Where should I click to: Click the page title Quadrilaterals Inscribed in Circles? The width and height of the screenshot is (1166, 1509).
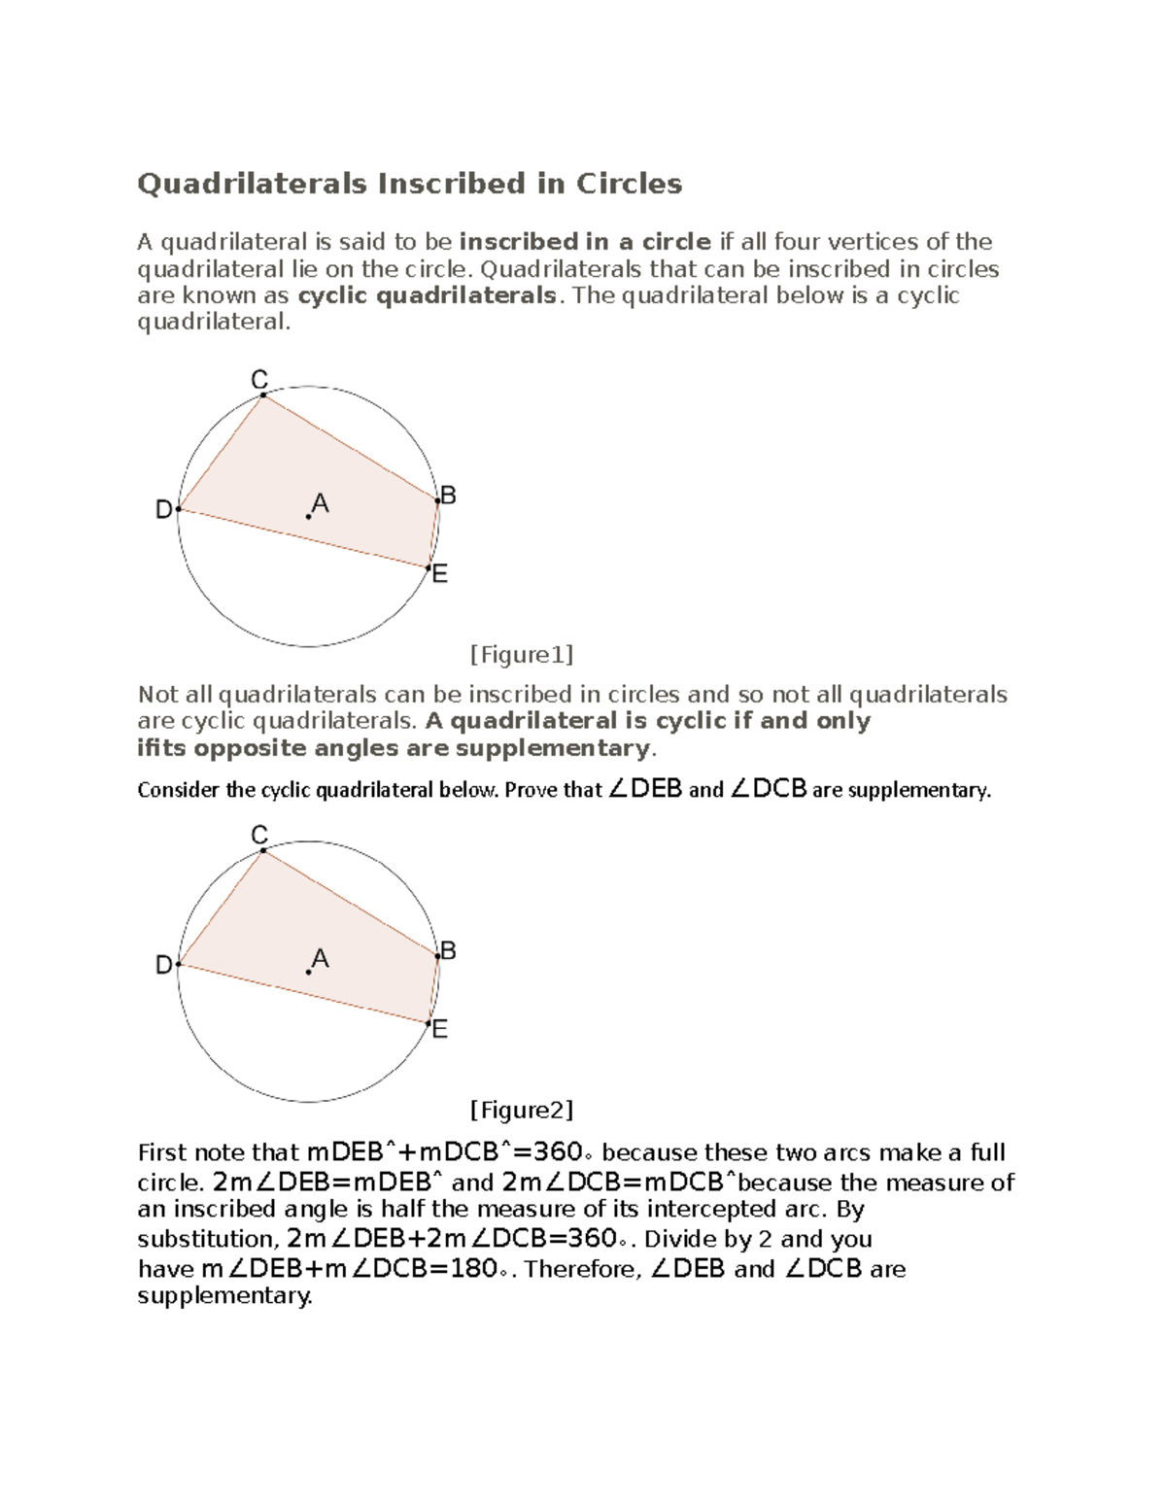[x=409, y=184]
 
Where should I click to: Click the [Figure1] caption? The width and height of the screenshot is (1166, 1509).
[x=521, y=655]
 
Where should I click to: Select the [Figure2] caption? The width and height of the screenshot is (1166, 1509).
[x=521, y=1110]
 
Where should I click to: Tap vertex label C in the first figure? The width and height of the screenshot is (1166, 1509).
[x=259, y=380]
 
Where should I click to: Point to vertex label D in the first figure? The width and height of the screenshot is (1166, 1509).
[x=164, y=509]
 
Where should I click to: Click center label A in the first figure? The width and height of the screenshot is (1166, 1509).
[x=321, y=504]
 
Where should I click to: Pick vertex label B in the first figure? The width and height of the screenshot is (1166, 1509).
[x=448, y=496]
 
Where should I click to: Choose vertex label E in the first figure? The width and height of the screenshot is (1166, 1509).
[x=439, y=574]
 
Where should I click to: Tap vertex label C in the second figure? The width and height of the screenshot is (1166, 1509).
[x=259, y=835]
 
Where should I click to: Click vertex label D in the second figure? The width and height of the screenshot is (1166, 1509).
[x=164, y=965]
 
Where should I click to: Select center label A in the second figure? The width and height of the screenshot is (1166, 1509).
[x=321, y=959]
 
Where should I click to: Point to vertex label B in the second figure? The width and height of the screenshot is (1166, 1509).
[x=448, y=950]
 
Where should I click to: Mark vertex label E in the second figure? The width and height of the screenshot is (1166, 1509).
[x=439, y=1029]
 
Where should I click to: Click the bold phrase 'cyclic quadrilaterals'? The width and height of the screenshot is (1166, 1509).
[x=427, y=295]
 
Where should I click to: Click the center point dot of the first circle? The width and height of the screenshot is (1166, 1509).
[x=308, y=517]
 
